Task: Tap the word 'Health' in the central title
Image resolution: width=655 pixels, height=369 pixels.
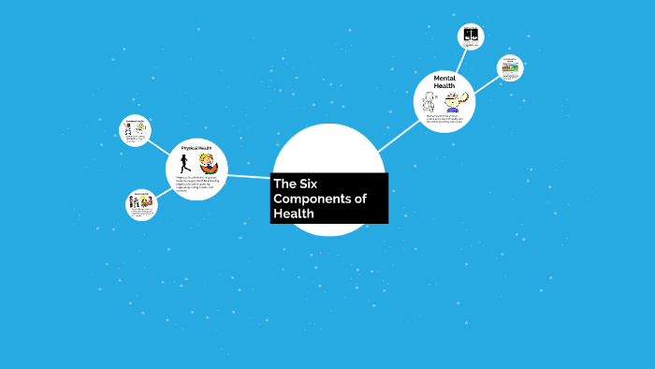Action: point(293,214)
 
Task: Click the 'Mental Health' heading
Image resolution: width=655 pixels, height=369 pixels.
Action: point(444,82)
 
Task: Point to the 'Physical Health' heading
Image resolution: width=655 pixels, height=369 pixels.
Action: point(196,148)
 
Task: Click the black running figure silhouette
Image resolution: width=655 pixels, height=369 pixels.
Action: point(183,164)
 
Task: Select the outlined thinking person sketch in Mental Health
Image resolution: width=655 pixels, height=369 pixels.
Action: point(429,101)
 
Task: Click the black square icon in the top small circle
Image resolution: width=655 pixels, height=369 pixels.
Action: point(471,37)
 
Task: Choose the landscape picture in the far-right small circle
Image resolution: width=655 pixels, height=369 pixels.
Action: point(510,67)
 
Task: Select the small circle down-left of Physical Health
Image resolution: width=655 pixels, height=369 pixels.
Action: point(141,205)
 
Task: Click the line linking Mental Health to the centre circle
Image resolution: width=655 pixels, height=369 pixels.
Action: point(399,135)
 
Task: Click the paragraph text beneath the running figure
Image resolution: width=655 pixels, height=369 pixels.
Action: point(196,184)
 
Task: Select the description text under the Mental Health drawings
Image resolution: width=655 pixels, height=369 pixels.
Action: point(444,119)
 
